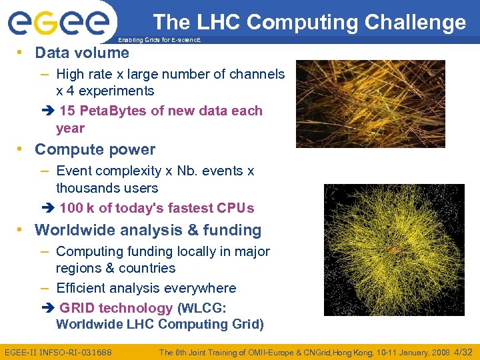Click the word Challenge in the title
(412, 23)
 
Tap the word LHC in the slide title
(223, 23)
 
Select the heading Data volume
(82, 53)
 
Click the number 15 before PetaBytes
(68, 111)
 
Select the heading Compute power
(95, 149)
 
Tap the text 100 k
(77, 208)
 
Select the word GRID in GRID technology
(76, 308)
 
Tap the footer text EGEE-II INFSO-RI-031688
(59, 352)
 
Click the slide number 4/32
(463, 352)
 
